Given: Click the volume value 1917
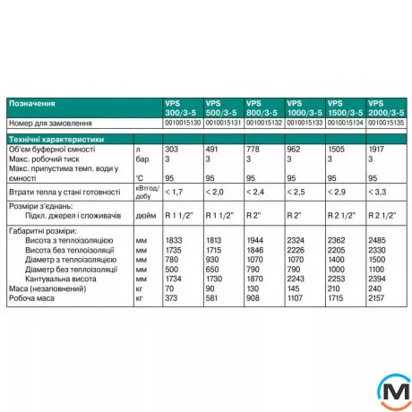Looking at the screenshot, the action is click(x=376, y=150).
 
